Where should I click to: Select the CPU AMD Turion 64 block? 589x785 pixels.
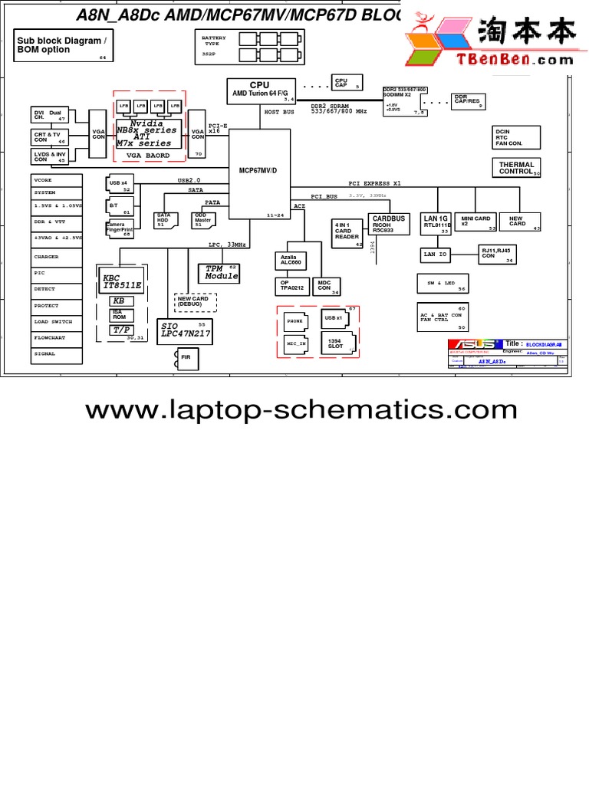(262, 90)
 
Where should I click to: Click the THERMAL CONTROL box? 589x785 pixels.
(516, 168)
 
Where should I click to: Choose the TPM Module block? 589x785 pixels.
(221, 272)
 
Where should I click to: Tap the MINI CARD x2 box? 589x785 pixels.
(475, 222)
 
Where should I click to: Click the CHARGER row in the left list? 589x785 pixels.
(56, 257)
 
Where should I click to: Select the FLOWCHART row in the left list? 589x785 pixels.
(56, 337)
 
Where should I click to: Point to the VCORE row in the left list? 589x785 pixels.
(56, 179)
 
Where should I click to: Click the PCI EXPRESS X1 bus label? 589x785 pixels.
(374, 184)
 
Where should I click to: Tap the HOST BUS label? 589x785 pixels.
(279, 112)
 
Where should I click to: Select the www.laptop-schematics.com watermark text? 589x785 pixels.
(301, 410)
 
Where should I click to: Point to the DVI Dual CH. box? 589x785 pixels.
(49, 115)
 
